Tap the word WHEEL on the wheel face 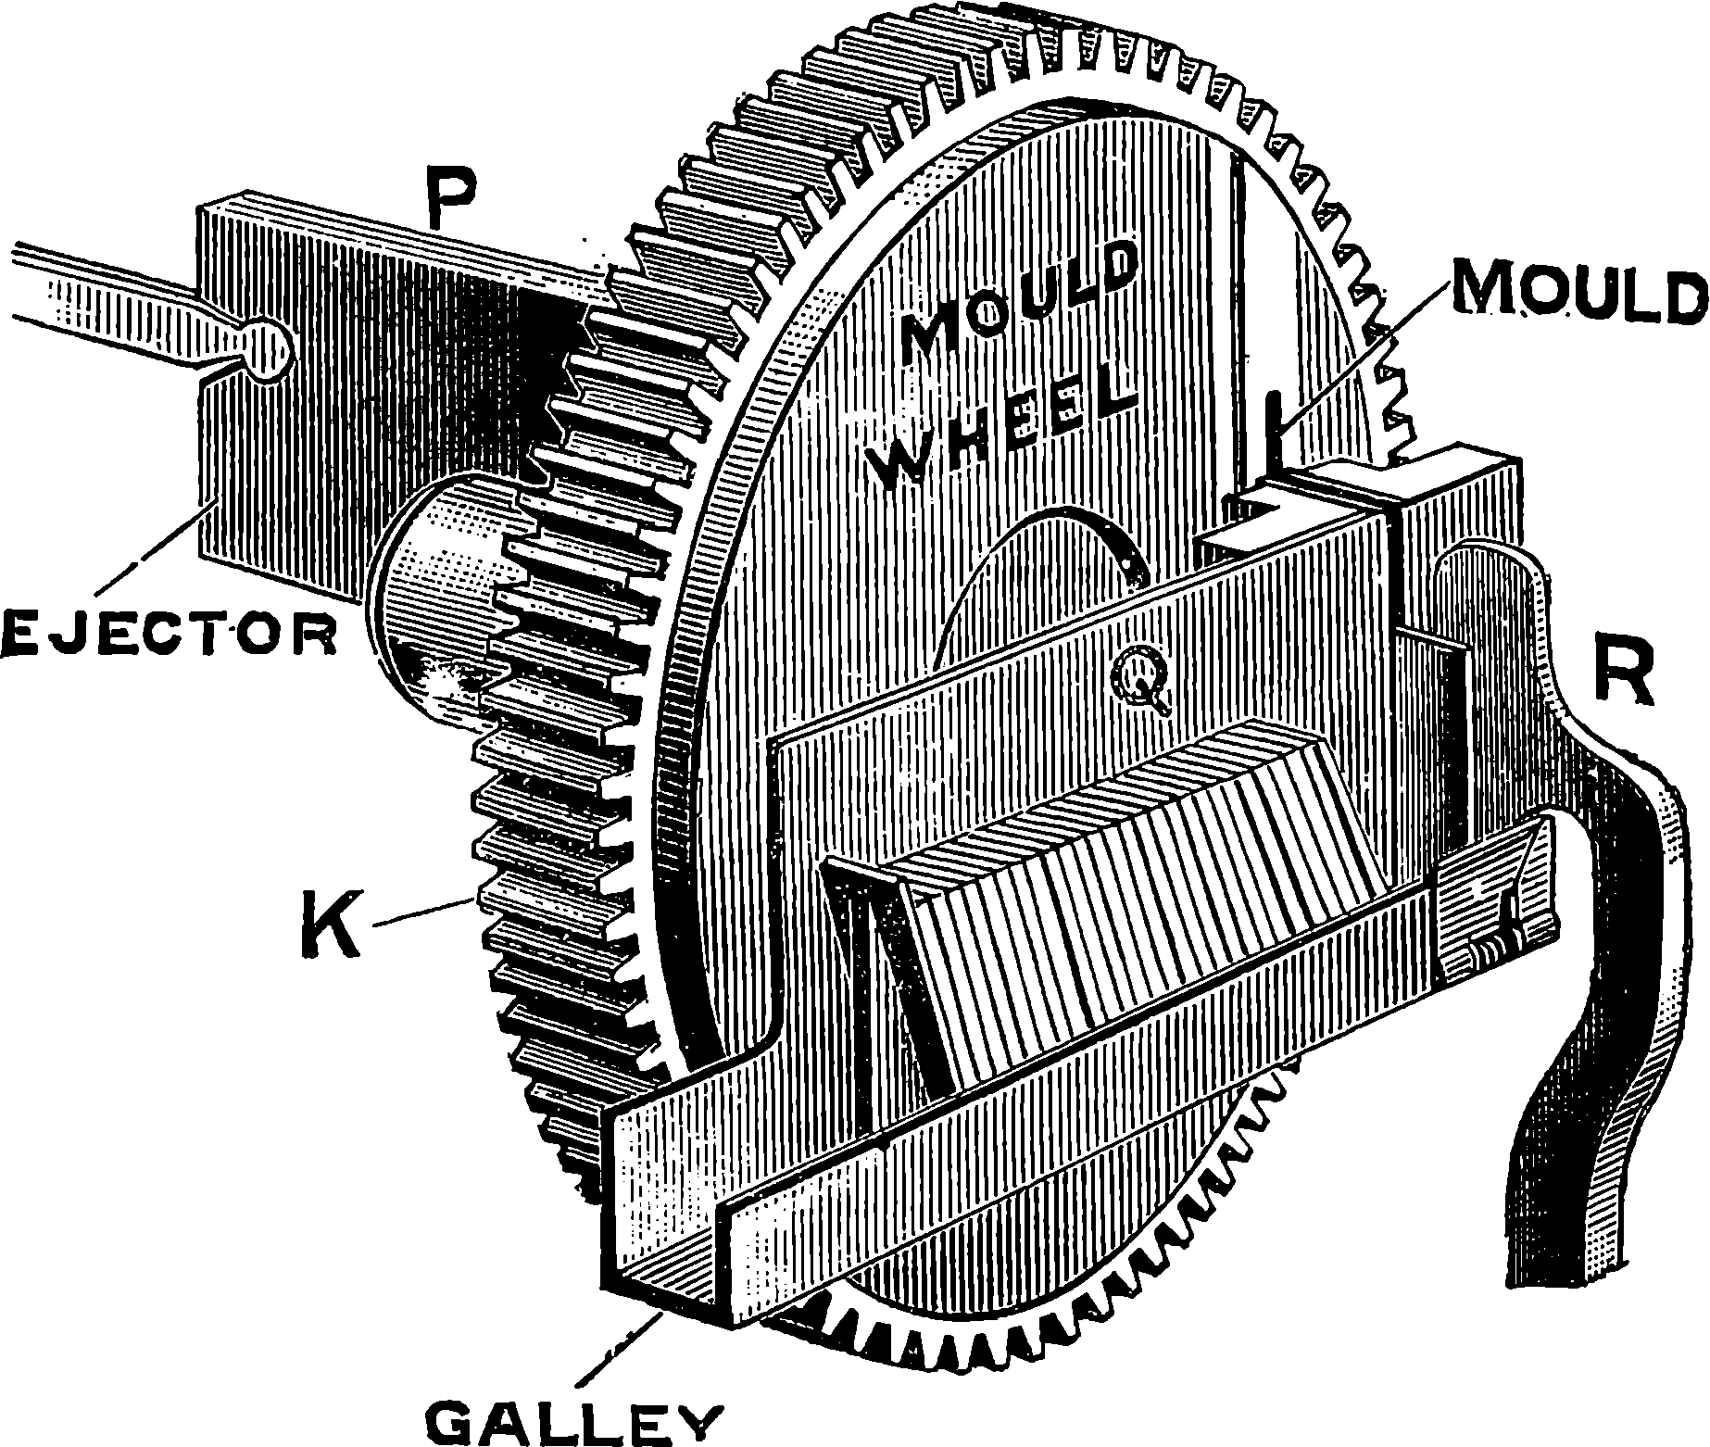coord(1010,428)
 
